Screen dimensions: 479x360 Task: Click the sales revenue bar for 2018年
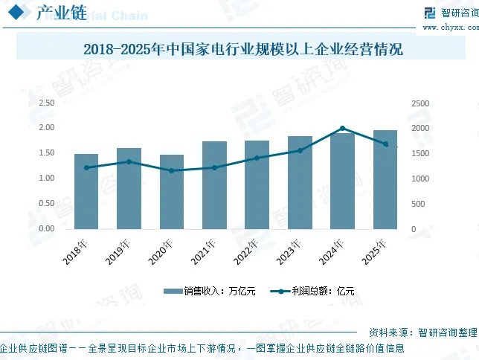pyautogui.click(x=86, y=191)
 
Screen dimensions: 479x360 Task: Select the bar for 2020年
pyautogui.click(x=172, y=192)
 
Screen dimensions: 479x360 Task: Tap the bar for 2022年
pyautogui.click(x=257, y=184)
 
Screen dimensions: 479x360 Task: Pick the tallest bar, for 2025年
pyautogui.click(x=385, y=179)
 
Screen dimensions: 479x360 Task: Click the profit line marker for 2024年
pyautogui.click(x=342, y=129)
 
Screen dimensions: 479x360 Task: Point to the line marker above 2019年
pyautogui.click(x=129, y=161)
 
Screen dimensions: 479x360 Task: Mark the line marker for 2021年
pyautogui.click(x=214, y=167)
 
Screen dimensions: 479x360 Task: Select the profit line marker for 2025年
pyautogui.click(x=385, y=144)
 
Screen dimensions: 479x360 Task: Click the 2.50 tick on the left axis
pyautogui.click(x=46, y=103)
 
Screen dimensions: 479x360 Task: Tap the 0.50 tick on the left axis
pyautogui.click(x=46, y=203)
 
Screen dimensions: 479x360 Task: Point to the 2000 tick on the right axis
pyautogui.click(x=420, y=128)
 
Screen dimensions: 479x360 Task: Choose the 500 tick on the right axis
pyautogui.click(x=418, y=204)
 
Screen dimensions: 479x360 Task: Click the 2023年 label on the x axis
pyautogui.click(x=289, y=251)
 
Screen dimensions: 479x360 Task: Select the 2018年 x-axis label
pyautogui.click(x=75, y=251)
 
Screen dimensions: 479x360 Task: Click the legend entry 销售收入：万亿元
pyautogui.click(x=210, y=291)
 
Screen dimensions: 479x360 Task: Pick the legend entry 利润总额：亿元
pyautogui.click(x=312, y=291)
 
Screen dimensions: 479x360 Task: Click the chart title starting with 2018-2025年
pyautogui.click(x=243, y=49)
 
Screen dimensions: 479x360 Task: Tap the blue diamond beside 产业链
pyautogui.click(x=16, y=12)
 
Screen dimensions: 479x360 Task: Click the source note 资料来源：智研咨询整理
pyautogui.click(x=423, y=332)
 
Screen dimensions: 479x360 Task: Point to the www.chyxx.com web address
pyautogui.click(x=451, y=28)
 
